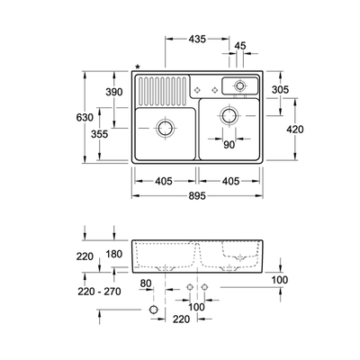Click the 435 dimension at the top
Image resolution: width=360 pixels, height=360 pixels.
coord(197,39)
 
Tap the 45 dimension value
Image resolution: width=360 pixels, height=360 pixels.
coord(240,46)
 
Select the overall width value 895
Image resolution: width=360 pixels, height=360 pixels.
coord(197,196)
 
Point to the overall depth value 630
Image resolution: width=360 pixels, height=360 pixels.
coord(85,117)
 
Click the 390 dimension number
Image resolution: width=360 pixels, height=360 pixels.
coord(114,92)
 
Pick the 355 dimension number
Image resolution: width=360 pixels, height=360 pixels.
coord(99,134)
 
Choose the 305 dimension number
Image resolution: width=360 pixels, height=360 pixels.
coord(280,89)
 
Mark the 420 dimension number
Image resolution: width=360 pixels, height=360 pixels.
coord(295,130)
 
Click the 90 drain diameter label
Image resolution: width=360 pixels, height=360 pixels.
coord(229,145)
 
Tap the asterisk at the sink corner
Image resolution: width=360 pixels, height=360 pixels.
coord(138,67)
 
